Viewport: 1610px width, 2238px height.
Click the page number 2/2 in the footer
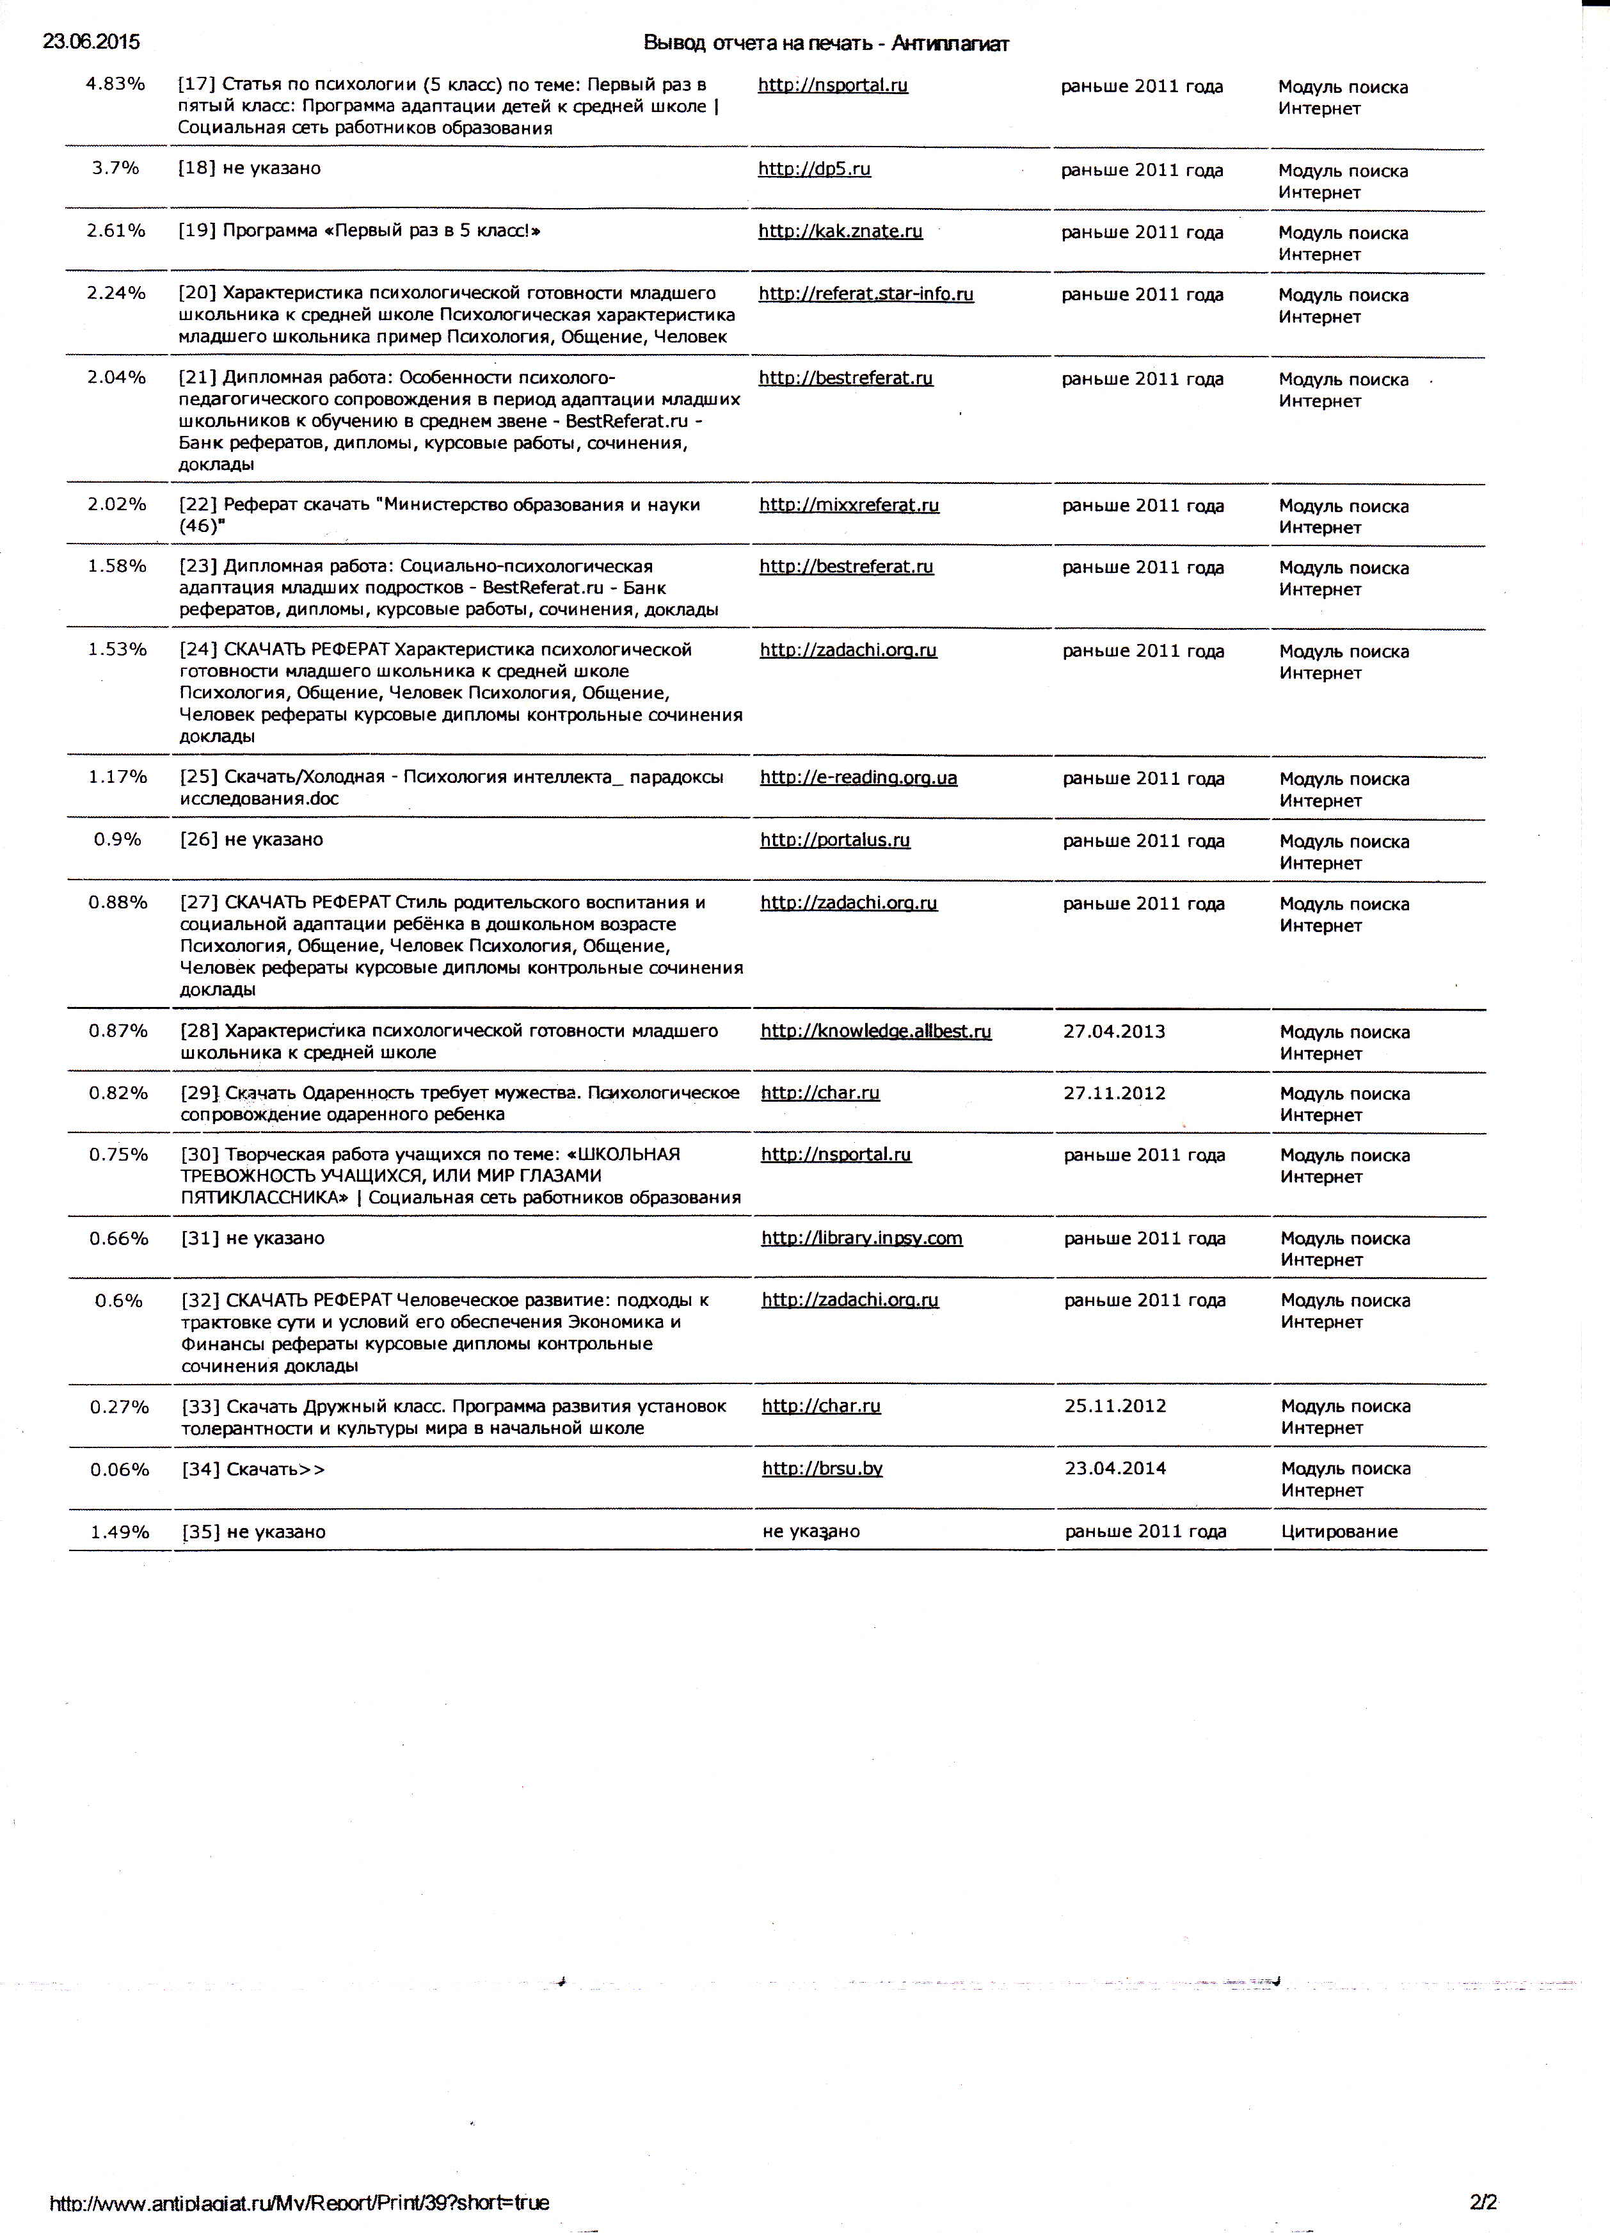1483,2202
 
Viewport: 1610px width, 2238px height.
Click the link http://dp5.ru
814,169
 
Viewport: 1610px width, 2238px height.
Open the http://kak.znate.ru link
840,231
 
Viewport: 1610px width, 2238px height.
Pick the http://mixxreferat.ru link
849,505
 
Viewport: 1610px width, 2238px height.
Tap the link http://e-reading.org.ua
858,778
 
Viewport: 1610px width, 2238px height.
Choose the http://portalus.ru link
834,840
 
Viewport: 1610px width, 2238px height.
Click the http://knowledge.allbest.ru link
875,1031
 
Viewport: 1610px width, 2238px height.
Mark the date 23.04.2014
1115,1469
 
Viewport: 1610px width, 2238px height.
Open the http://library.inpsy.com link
861,1239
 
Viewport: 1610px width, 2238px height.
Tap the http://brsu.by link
822,1469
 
